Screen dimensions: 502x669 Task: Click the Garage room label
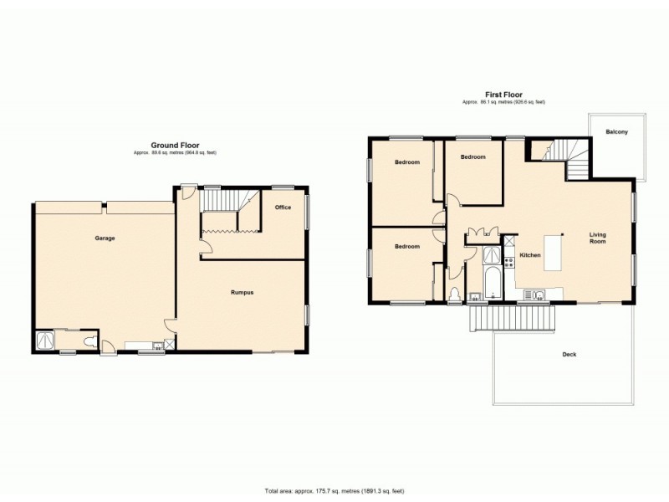[x=105, y=238]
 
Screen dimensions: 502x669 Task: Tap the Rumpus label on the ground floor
[x=242, y=292]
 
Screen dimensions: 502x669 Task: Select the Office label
[x=283, y=207]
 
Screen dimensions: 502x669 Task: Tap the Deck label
[x=569, y=355]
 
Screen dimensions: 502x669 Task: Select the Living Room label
[x=597, y=238]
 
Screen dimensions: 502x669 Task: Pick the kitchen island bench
[x=554, y=253]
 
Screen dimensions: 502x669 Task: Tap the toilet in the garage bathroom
[x=87, y=341]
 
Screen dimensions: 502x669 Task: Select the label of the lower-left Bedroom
[x=406, y=247]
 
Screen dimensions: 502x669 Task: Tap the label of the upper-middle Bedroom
[x=473, y=156]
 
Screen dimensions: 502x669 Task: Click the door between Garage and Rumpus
[x=171, y=326]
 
